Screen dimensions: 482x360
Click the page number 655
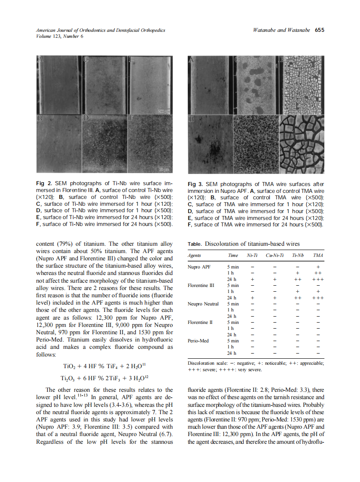coord(319,31)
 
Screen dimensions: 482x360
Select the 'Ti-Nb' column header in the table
coord(298,256)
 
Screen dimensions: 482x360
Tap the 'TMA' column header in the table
coord(318,256)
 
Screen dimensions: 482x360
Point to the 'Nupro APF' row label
coord(200,267)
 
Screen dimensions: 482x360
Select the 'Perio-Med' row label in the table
coord(198,341)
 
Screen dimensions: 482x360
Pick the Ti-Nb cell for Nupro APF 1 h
coord(298,273)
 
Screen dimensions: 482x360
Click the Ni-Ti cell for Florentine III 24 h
coord(252,298)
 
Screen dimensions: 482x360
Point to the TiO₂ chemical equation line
coord(106,366)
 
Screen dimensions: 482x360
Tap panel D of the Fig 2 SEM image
coord(104,143)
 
